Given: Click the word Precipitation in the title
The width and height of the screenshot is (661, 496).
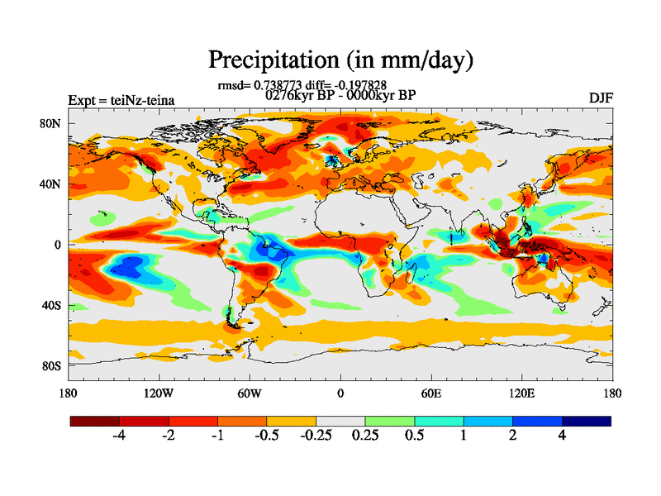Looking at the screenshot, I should (264, 60).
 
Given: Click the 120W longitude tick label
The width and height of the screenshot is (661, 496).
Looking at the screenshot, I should (158, 393).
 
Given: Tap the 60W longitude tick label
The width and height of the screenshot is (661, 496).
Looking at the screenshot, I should (249, 393).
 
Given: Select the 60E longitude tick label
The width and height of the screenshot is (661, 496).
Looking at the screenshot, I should (430, 393).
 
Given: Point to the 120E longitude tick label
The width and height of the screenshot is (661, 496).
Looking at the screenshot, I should (521, 393).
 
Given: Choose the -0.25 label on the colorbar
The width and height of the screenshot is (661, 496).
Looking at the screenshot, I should (315, 436).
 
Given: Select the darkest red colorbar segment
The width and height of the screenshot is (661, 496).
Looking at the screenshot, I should (95, 421).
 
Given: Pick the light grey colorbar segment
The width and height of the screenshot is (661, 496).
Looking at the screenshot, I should (340, 421).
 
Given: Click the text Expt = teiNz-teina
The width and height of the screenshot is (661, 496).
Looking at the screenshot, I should (121, 100).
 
